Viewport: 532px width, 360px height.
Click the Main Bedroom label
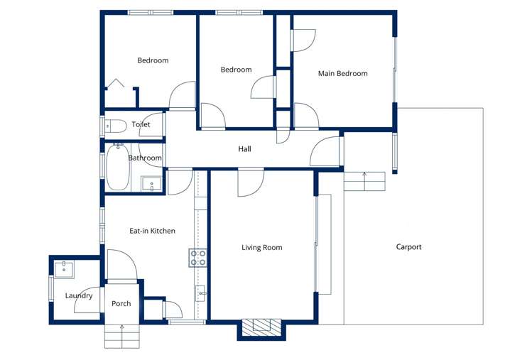tap(342, 73)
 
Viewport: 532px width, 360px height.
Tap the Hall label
tap(244, 149)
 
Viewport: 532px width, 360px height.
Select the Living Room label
tap(261, 248)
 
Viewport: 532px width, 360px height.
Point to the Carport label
tap(408, 247)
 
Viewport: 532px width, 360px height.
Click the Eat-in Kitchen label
tap(152, 231)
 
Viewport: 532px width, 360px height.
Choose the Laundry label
tap(79, 295)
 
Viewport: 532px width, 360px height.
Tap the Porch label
tap(121, 304)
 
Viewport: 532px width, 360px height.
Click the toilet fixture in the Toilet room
tap(115, 126)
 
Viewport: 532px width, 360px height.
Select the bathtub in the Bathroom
tap(117, 167)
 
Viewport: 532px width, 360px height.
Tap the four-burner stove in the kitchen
tap(198, 258)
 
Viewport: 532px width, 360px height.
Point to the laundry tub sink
tap(64, 269)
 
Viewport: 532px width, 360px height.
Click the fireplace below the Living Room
tap(261, 327)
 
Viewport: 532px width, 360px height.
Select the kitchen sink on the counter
tap(201, 293)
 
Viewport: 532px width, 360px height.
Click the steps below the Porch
tap(122, 335)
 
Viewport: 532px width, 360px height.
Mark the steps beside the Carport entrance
tap(364, 181)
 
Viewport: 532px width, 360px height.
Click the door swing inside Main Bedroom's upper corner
tap(303, 40)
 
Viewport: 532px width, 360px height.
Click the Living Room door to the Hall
tap(251, 182)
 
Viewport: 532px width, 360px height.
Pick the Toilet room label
tap(141, 125)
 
